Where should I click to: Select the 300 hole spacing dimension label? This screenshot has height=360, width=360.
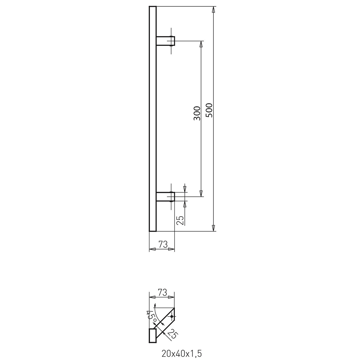(197, 113)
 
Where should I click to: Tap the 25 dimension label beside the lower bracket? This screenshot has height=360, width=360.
(180, 220)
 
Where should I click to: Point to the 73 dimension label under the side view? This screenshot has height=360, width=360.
(163, 244)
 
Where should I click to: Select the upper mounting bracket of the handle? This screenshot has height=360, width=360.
(165, 41)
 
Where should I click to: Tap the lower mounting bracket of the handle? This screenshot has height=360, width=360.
(165, 196)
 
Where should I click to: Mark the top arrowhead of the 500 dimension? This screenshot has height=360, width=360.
(213, 10)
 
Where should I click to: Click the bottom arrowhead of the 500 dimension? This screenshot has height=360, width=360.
(213, 228)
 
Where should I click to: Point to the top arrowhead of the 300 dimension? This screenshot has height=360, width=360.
(201, 44)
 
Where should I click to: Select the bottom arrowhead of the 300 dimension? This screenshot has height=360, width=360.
(201, 193)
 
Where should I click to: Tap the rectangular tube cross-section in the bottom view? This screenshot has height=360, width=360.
(153, 335)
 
